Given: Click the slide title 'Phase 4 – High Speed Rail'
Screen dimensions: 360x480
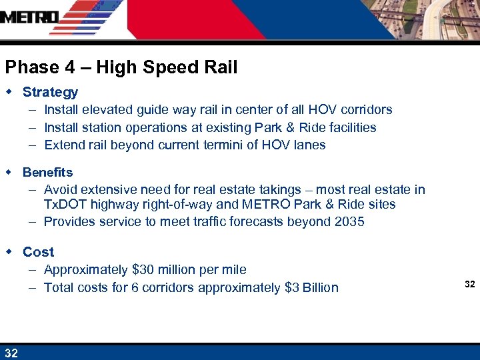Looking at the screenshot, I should click(x=121, y=67).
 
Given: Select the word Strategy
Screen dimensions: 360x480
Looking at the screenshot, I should click(x=50, y=92).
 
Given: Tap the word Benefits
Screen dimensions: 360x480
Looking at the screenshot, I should click(x=47, y=173).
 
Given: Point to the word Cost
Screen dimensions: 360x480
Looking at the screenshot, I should click(x=38, y=252).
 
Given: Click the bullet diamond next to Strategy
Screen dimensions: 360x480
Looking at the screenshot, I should click(x=9, y=91).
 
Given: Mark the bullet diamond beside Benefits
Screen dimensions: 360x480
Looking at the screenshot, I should click(x=9, y=172).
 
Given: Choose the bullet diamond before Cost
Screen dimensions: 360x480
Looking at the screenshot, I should click(x=9, y=251).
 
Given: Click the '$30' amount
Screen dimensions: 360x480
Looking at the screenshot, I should click(x=144, y=270).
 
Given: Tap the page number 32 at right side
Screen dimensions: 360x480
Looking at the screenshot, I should click(x=469, y=285).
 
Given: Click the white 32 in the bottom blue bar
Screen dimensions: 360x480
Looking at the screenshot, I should click(x=11, y=353).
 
